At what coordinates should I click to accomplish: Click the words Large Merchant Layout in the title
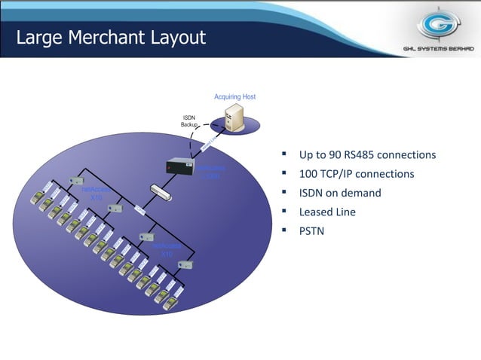click(111, 37)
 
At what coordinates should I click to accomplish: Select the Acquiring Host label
click(234, 97)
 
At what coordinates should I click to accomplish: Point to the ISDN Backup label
click(188, 121)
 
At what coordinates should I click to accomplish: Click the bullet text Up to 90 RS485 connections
click(367, 155)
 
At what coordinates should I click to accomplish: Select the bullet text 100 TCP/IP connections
click(357, 174)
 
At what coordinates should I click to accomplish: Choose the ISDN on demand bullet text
click(340, 193)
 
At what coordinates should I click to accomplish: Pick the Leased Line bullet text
click(327, 212)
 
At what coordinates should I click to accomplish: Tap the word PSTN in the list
click(311, 230)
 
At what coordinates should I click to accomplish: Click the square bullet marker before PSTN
click(284, 230)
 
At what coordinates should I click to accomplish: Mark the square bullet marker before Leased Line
click(284, 211)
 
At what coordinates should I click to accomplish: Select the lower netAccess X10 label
click(167, 250)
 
